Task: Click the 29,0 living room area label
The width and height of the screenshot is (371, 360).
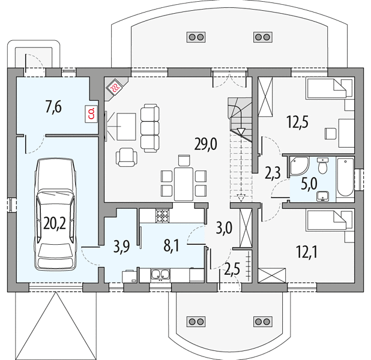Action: pos(205,144)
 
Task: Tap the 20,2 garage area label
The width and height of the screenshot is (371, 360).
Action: pos(55,224)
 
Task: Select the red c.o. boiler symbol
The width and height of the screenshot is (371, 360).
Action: pos(91,114)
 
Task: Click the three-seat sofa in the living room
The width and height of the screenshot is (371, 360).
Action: pos(149,128)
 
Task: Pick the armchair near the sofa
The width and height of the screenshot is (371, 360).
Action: pos(126,157)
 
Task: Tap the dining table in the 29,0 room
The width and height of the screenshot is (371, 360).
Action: pos(183,184)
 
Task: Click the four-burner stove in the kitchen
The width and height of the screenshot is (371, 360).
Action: pos(163,216)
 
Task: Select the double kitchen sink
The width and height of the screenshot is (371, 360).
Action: pos(160,275)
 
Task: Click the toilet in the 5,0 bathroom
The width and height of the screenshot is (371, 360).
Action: pos(322,166)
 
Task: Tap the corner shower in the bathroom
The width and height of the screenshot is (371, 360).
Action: pos(298,166)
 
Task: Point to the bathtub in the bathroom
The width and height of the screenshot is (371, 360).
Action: pos(345,177)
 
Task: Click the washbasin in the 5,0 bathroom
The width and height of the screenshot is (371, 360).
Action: pos(322,196)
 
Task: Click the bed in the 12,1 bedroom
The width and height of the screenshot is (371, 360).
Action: pos(326,221)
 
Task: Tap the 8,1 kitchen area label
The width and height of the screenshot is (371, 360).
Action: pos(171,245)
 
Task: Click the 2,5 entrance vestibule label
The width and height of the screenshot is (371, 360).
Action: pos(232,269)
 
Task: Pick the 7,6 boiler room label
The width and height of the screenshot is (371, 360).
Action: pos(53,107)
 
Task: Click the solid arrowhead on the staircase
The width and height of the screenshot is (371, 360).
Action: pos(241,131)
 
